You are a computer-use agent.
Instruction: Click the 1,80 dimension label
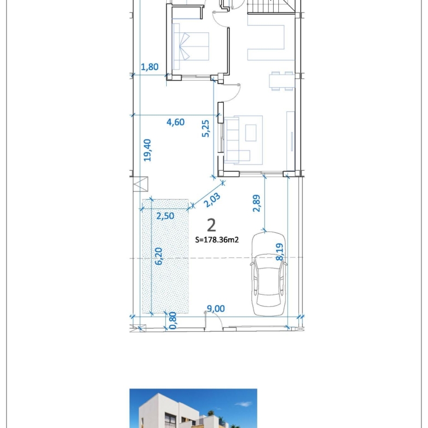click(150, 67)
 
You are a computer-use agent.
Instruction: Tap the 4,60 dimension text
click(176, 122)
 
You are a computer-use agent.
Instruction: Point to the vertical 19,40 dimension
click(147, 150)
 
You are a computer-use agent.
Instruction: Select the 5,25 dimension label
click(206, 128)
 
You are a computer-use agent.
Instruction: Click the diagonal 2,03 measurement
click(212, 200)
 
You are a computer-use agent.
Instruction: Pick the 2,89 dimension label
click(257, 204)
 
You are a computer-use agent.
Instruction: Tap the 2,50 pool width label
click(165, 216)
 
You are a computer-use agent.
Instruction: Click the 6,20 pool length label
click(159, 256)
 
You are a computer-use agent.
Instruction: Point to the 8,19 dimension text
click(279, 252)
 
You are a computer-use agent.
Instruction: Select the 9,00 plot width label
click(216, 309)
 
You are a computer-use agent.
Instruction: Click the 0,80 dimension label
click(173, 321)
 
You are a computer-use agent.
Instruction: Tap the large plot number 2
click(212, 226)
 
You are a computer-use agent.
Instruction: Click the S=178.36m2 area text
click(217, 240)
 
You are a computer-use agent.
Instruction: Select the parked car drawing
click(269, 274)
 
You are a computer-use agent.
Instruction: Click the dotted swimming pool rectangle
click(165, 256)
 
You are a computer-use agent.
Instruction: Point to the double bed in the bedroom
click(191, 46)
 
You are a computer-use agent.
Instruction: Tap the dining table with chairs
click(281, 81)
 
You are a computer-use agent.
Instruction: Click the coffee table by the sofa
click(251, 133)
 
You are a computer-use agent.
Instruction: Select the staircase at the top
click(271, 6)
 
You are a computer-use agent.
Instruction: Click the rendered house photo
click(193, 408)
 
